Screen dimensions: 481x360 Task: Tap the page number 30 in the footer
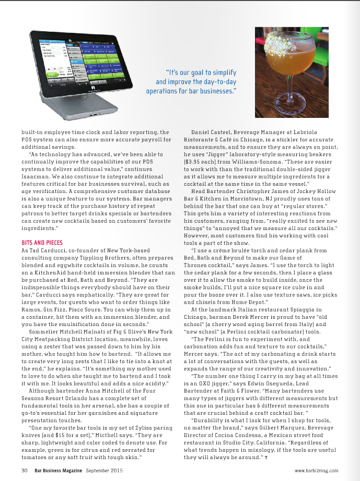tap(24, 470)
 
